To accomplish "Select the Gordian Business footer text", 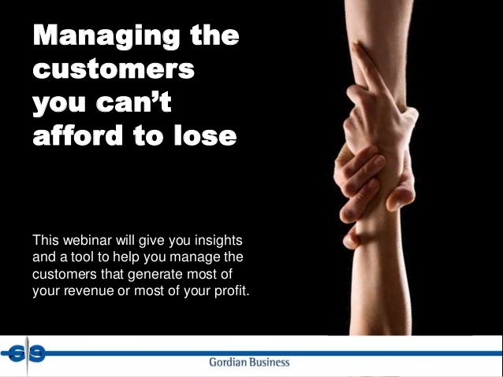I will [248, 363].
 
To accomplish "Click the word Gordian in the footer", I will [226, 363].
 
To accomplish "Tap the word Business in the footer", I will [270, 363].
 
